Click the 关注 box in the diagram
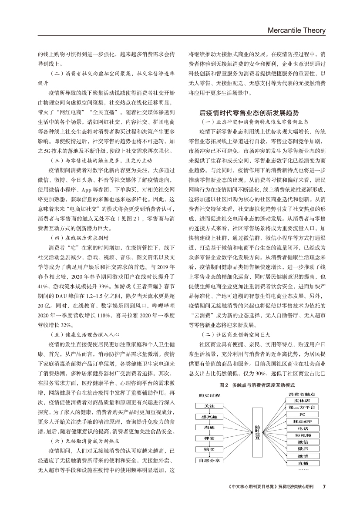pyautogui.click(x=209, y=405)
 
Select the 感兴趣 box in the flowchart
pyautogui.click(x=209, y=417)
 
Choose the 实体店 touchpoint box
pyautogui.click(x=302, y=401)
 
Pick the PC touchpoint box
pyautogui.click(x=302, y=415)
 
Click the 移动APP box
pyautogui.click(x=302, y=421)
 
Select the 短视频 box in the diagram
pyautogui.click(x=302, y=435)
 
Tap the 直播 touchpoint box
pyautogui.click(x=302, y=463)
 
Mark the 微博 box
pyautogui.click(x=302, y=456)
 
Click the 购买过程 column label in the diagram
pyautogui.click(x=209, y=395)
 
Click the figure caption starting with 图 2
pyautogui.click(x=257, y=385)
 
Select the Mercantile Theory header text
pyautogui.click(x=296, y=31)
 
